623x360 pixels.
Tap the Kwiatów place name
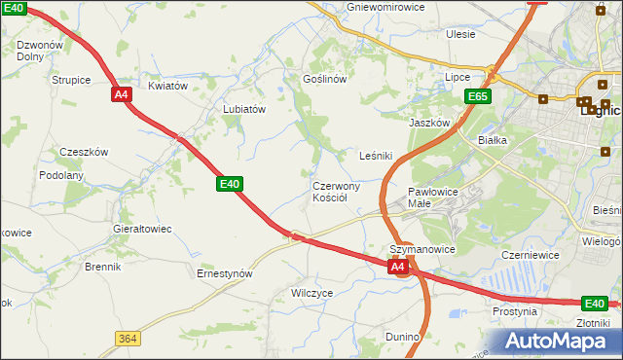click(166, 86)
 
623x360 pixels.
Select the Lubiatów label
click(244, 110)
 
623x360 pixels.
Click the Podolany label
click(61, 175)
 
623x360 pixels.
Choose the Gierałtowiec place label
click(143, 229)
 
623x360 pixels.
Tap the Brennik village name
click(102, 267)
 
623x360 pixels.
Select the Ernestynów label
click(225, 273)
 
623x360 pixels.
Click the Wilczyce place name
click(312, 292)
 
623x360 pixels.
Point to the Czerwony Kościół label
click(336, 192)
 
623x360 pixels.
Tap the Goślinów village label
click(325, 79)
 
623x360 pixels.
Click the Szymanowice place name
click(422, 250)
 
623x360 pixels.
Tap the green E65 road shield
click(477, 96)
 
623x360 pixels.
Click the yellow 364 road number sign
click(127, 338)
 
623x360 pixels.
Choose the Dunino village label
click(402, 337)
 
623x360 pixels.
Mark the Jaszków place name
click(429, 124)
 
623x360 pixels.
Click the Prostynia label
click(515, 312)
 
